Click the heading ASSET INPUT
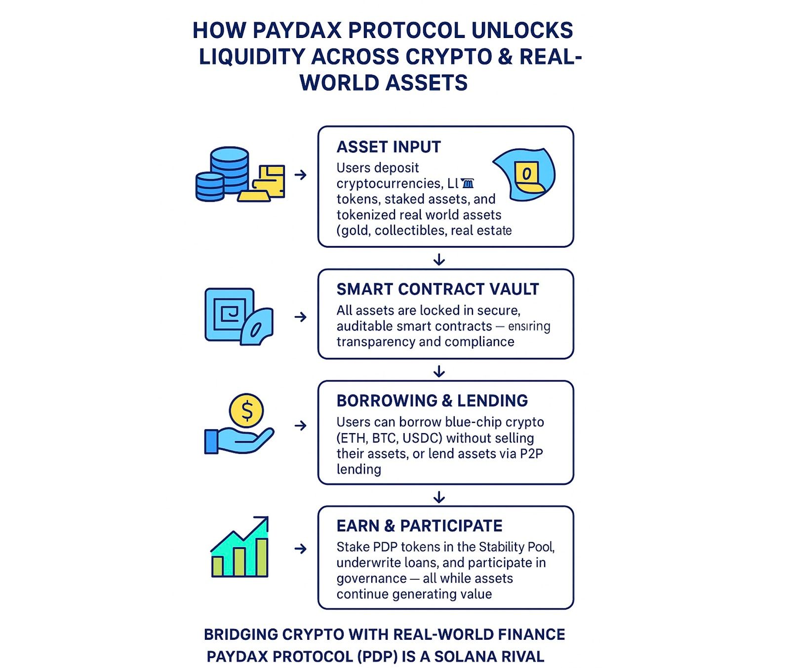pyautogui.click(x=389, y=147)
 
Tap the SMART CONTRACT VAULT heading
pyautogui.click(x=437, y=289)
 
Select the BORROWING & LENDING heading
pyautogui.click(x=432, y=401)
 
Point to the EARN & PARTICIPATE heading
pyautogui.click(x=419, y=526)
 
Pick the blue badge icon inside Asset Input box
pyautogui.click(x=524, y=175)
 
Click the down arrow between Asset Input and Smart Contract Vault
pyautogui.click(x=439, y=259)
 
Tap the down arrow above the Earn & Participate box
pyautogui.click(x=439, y=497)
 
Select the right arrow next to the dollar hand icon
pyautogui.click(x=300, y=425)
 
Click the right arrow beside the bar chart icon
pyautogui.click(x=300, y=549)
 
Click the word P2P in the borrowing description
pyautogui.click(x=531, y=454)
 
